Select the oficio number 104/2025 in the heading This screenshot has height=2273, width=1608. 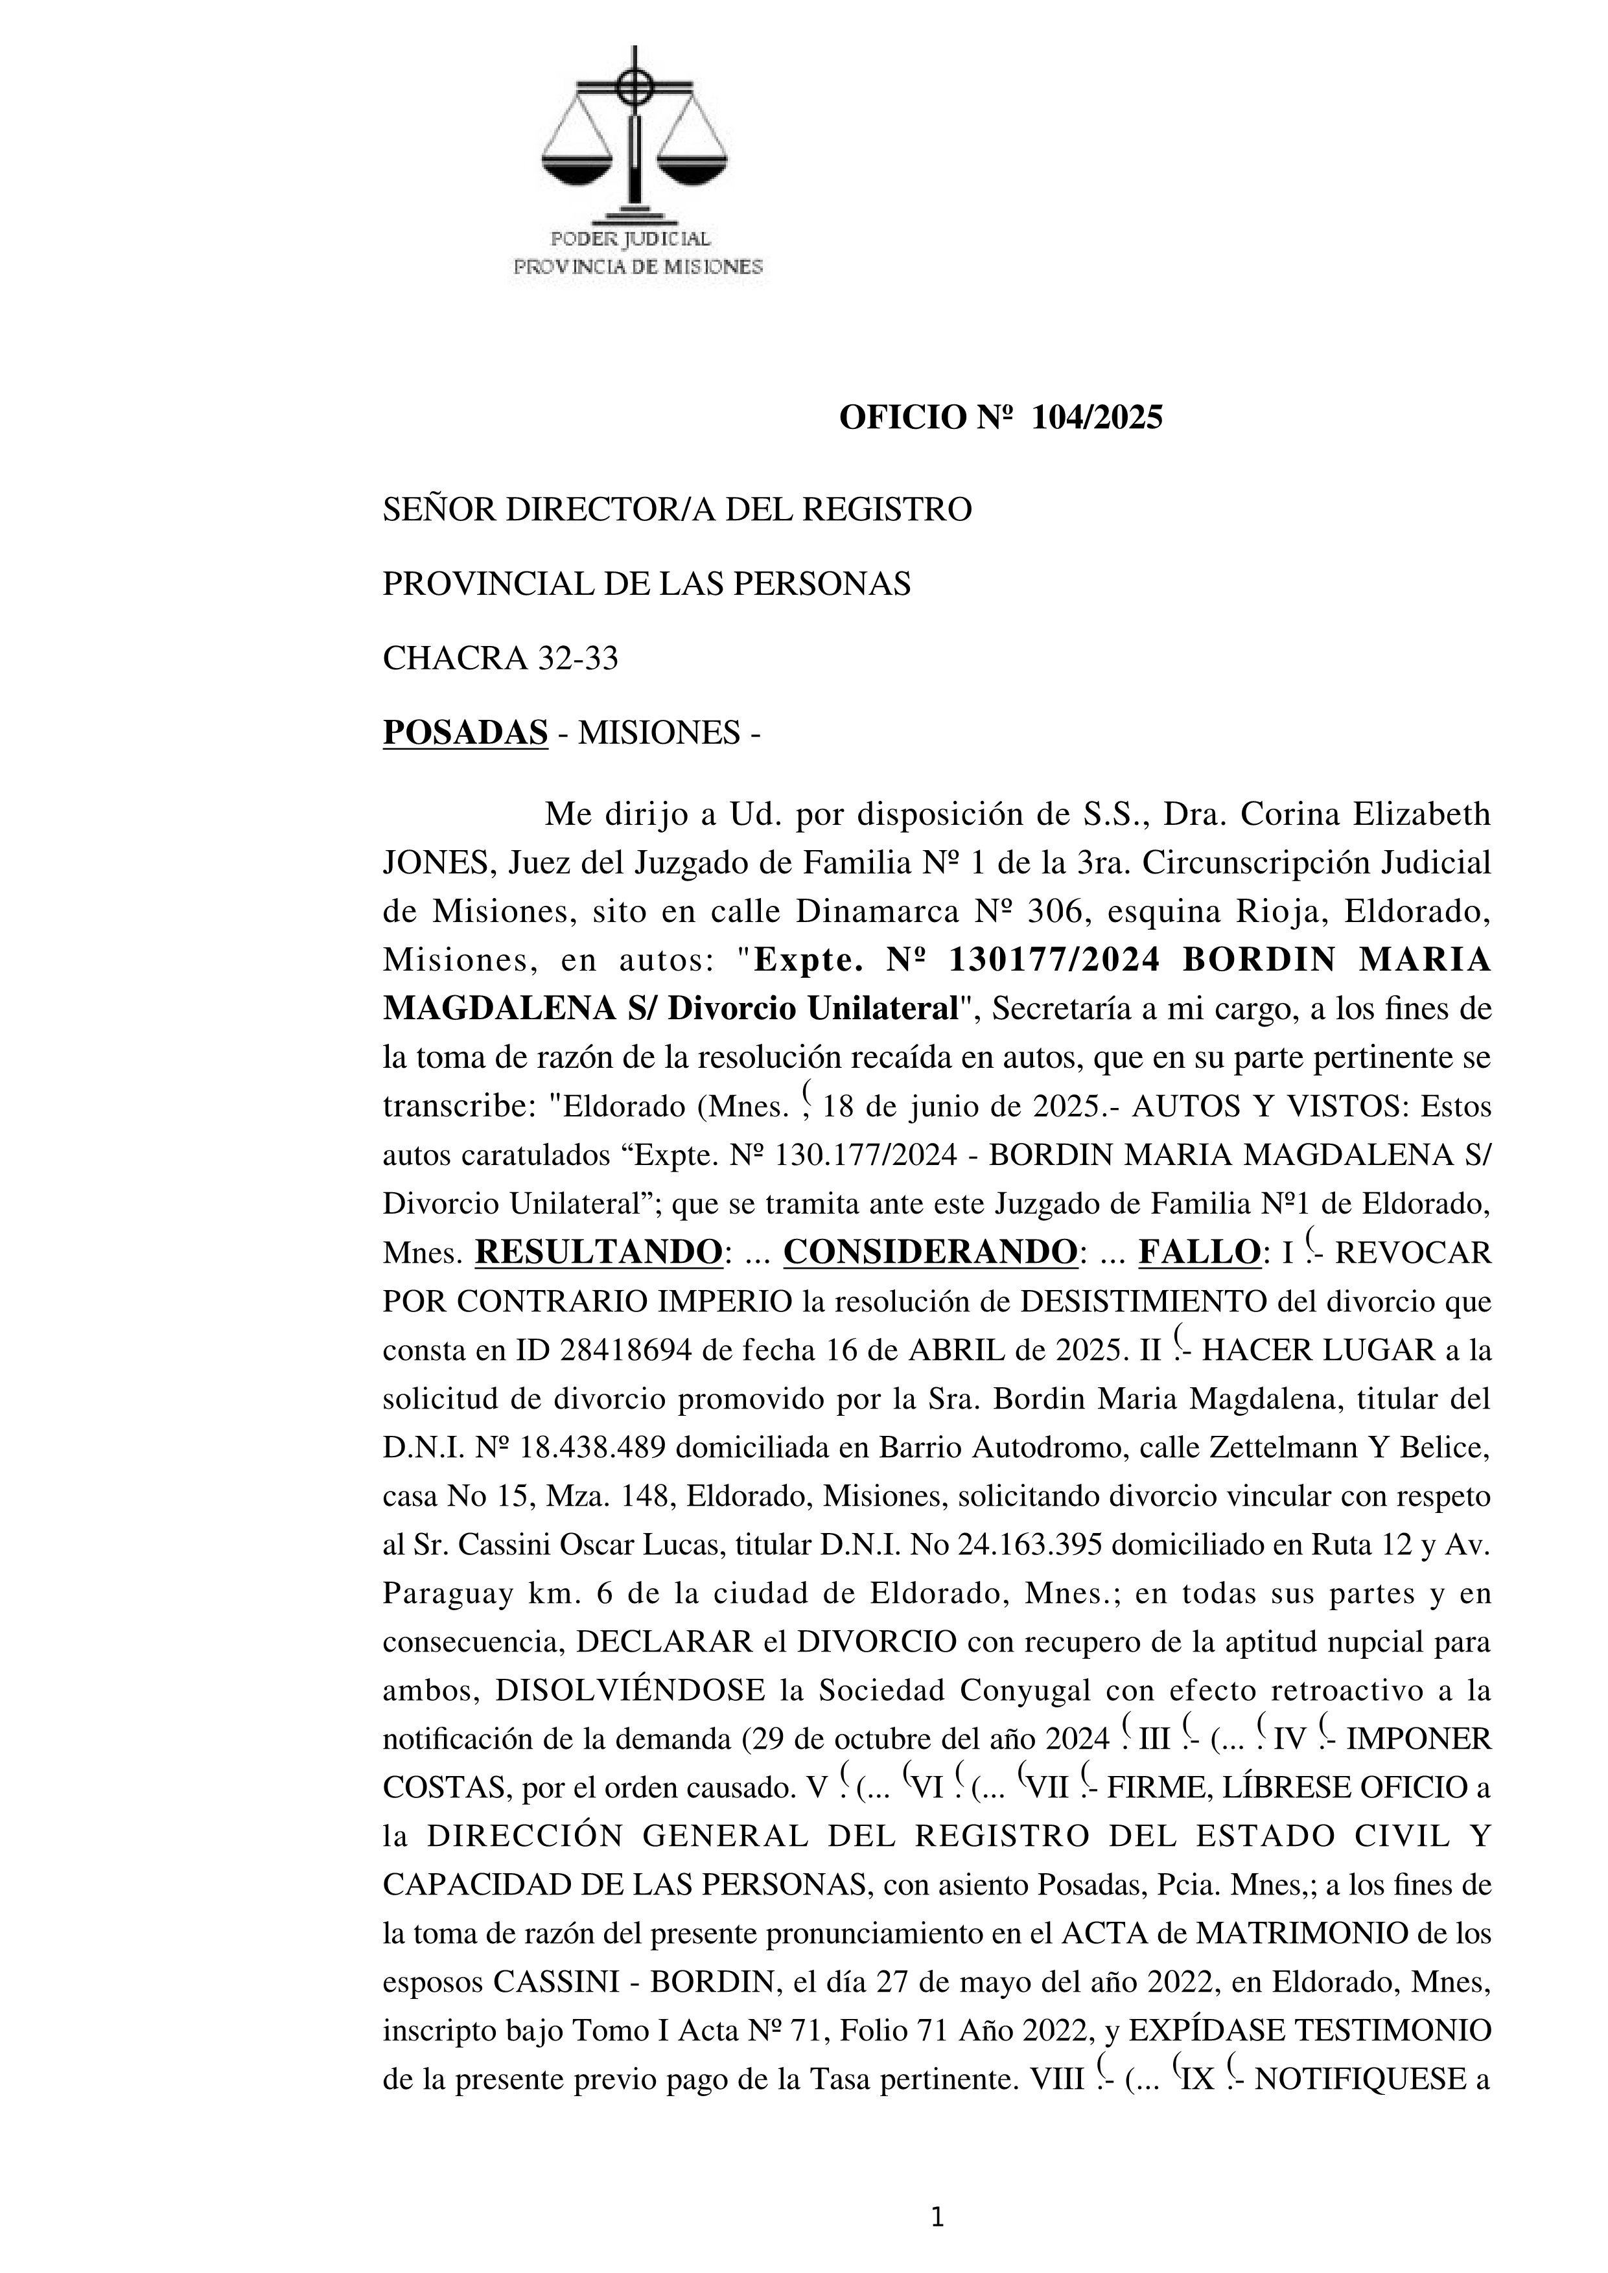[1097, 419]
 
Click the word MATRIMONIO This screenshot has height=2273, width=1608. [1244, 1933]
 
